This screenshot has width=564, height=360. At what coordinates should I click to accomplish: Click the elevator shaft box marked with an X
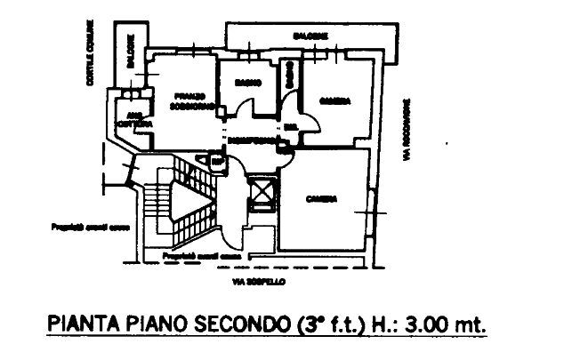coord(262,193)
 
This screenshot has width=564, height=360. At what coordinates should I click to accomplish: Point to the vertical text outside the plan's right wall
coord(405,129)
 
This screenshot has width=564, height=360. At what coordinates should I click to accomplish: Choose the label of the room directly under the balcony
coord(332,97)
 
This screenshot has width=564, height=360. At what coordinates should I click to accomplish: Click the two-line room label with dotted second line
coord(188,99)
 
